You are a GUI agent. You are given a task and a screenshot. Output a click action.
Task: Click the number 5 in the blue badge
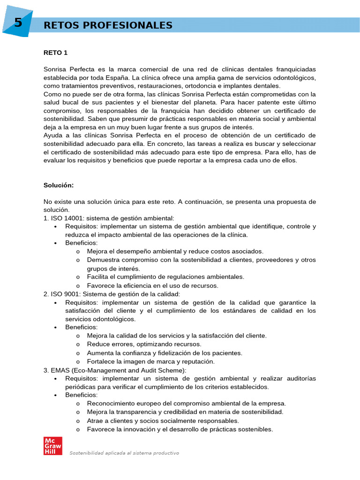pos(18,23)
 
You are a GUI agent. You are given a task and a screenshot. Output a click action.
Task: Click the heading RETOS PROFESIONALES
pos(108,25)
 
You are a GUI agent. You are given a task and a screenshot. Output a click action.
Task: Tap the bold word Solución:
pos(59,185)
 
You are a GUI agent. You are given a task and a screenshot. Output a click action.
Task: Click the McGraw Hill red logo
pos(52,446)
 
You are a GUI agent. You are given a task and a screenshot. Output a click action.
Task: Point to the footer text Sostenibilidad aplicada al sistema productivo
pos(124,453)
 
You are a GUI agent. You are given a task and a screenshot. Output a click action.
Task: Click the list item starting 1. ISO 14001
pos(109,218)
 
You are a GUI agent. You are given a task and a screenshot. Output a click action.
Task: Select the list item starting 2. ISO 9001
pos(112,294)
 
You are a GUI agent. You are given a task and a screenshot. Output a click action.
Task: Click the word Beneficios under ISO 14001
pos(81,243)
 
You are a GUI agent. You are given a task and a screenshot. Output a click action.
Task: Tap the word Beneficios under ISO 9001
pos(81,327)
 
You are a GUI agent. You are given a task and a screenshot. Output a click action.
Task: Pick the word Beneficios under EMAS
pos(81,395)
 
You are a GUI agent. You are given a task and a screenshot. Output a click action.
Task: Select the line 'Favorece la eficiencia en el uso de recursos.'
pos(152,285)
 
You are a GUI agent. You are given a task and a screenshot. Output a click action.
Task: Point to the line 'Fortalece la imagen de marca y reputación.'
pos(150,361)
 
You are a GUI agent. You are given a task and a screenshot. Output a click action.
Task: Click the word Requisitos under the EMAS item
pos(82,378)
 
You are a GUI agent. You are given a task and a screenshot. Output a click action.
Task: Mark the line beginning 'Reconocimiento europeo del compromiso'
pos(186,403)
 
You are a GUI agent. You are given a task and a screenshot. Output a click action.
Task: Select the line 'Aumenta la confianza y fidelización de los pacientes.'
pos(165,352)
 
